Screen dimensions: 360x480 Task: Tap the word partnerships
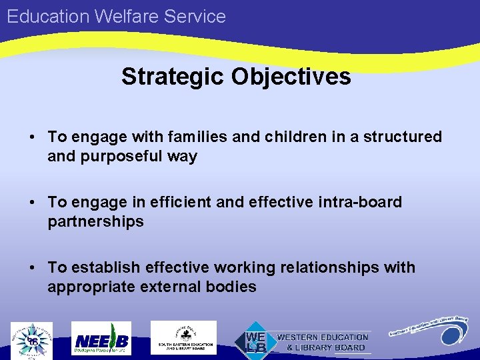95,221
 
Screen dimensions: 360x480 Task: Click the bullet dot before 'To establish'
32,268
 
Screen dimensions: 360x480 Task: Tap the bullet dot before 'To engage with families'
32,137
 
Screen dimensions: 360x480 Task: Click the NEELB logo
102,339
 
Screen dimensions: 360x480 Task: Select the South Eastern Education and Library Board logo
183,338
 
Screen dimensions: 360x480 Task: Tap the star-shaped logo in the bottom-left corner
31,340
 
